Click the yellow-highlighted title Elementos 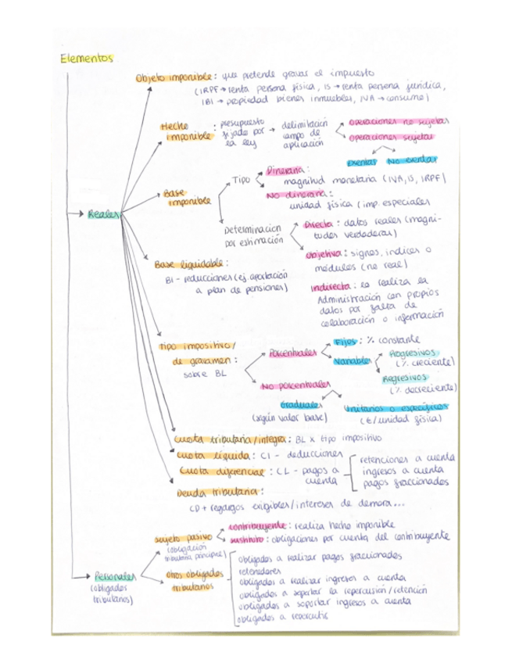click(86, 59)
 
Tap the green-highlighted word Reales click(106, 213)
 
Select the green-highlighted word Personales click(114, 576)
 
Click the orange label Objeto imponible click(174, 79)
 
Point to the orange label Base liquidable click(184, 265)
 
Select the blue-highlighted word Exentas click(363, 161)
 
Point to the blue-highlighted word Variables click(352, 361)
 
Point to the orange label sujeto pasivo click(182, 539)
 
